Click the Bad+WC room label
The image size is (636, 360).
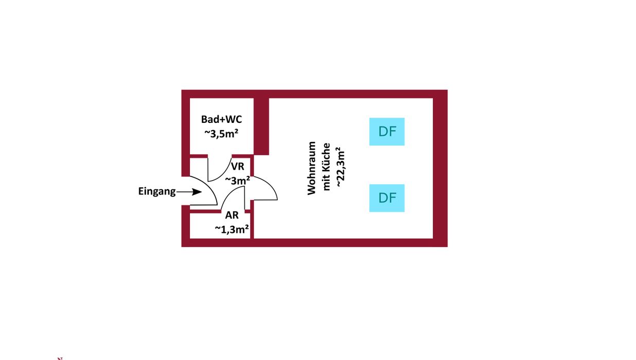pyautogui.click(x=221, y=119)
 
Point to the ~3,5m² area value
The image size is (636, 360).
pyautogui.click(x=221, y=133)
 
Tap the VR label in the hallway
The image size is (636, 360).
pyautogui.click(x=237, y=167)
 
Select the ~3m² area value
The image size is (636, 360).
pyautogui.click(x=238, y=180)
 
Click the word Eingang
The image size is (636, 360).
pyautogui.click(x=157, y=191)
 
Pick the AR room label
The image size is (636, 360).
pyautogui.click(x=232, y=215)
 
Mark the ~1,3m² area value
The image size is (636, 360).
pyautogui.click(x=232, y=229)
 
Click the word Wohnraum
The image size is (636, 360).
pyautogui.click(x=311, y=168)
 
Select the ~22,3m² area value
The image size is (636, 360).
pyautogui.click(x=340, y=168)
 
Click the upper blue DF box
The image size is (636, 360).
pyautogui.click(x=387, y=132)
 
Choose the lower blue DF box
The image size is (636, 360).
pyautogui.click(x=387, y=198)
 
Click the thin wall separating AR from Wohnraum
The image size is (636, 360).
pyautogui.click(x=252, y=225)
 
